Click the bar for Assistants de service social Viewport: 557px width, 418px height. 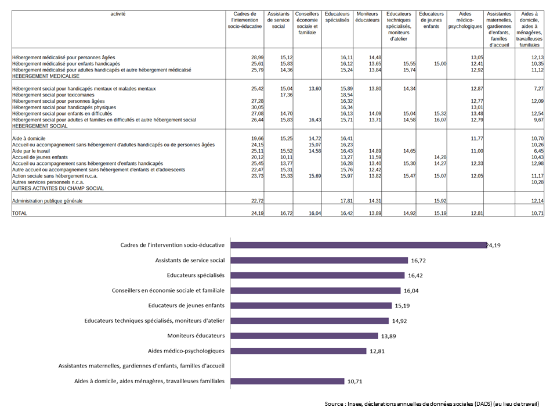click(x=319, y=261)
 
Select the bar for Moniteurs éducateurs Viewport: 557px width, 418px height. click(x=304, y=336)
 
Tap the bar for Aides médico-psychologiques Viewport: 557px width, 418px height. click(x=298, y=351)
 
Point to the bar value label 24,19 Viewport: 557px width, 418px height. click(x=493, y=245)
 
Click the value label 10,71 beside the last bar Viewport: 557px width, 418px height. click(x=355, y=381)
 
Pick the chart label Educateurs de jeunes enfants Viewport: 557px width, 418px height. click(x=186, y=305)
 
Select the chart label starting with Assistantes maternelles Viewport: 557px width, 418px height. click(x=142, y=366)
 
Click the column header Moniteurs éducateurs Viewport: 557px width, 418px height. click(x=367, y=17)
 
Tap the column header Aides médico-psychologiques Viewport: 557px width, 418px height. click(x=465, y=20)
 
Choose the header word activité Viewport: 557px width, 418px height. click(x=118, y=14)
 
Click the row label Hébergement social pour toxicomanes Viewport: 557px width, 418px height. click(x=53, y=95)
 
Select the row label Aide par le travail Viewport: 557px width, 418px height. click(x=31, y=151)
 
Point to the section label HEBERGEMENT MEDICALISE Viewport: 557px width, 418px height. click(x=46, y=76)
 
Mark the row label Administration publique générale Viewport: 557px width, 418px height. click(x=47, y=201)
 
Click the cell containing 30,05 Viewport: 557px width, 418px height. click(x=258, y=107)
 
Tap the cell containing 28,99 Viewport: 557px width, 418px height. click(x=258, y=57)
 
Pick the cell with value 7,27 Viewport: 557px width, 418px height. click(x=539, y=88)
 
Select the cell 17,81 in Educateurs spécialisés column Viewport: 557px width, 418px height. click(x=347, y=201)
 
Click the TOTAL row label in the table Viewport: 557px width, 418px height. click(x=20, y=213)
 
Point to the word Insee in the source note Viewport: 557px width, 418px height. click(x=353, y=404)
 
